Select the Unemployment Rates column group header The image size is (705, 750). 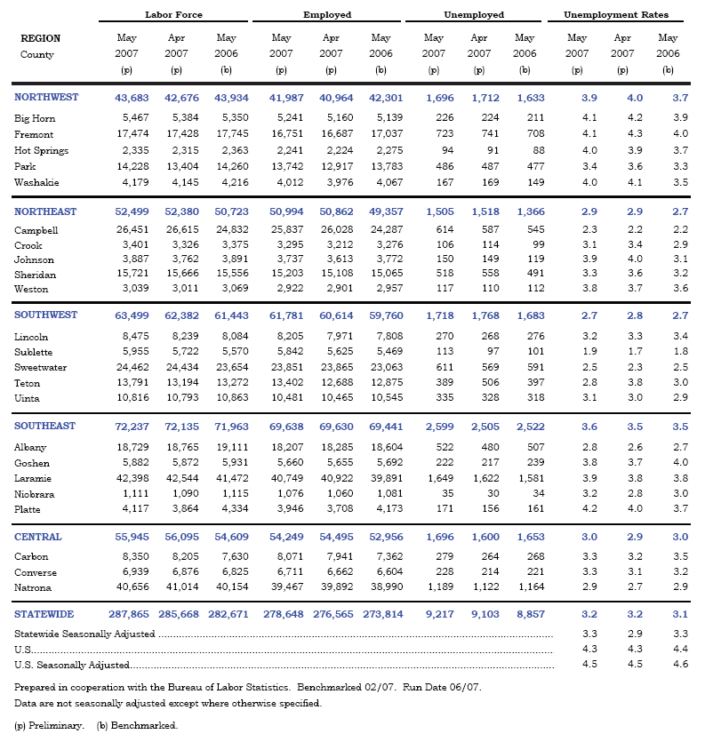[x=616, y=15]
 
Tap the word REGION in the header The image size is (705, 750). [x=40, y=38]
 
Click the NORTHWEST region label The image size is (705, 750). [x=46, y=98]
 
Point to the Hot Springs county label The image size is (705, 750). [x=41, y=150]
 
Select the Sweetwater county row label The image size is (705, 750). [x=42, y=367]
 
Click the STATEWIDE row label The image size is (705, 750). [x=44, y=614]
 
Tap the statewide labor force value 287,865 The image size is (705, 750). [x=128, y=614]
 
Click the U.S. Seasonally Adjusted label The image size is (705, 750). [x=72, y=665]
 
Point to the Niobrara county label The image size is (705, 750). [x=35, y=494]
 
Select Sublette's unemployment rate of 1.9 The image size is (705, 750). [x=577, y=352]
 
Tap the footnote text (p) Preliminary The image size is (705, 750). [x=49, y=725]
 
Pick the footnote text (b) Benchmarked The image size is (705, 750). [x=137, y=725]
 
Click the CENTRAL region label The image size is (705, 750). [x=38, y=537]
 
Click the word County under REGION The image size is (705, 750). [x=36, y=55]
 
